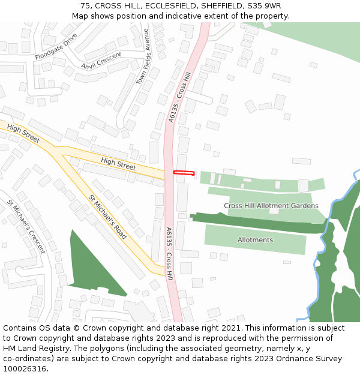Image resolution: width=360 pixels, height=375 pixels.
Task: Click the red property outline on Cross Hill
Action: (184, 173)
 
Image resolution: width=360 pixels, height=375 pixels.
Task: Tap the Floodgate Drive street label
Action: (56, 47)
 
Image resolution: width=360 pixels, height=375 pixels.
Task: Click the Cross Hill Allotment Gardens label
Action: (271, 206)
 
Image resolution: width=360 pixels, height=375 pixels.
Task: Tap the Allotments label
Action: (255, 240)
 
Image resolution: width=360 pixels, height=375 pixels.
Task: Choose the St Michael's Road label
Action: (107, 217)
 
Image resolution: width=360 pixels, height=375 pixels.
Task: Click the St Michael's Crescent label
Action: (26, 226)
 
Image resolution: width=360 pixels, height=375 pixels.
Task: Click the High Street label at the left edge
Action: (23, 134)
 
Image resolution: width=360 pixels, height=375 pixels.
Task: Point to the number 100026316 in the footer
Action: (24, 369)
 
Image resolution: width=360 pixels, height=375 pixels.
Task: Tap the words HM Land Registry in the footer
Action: (31, 349)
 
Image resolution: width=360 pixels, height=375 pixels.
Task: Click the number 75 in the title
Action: (85, 6)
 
